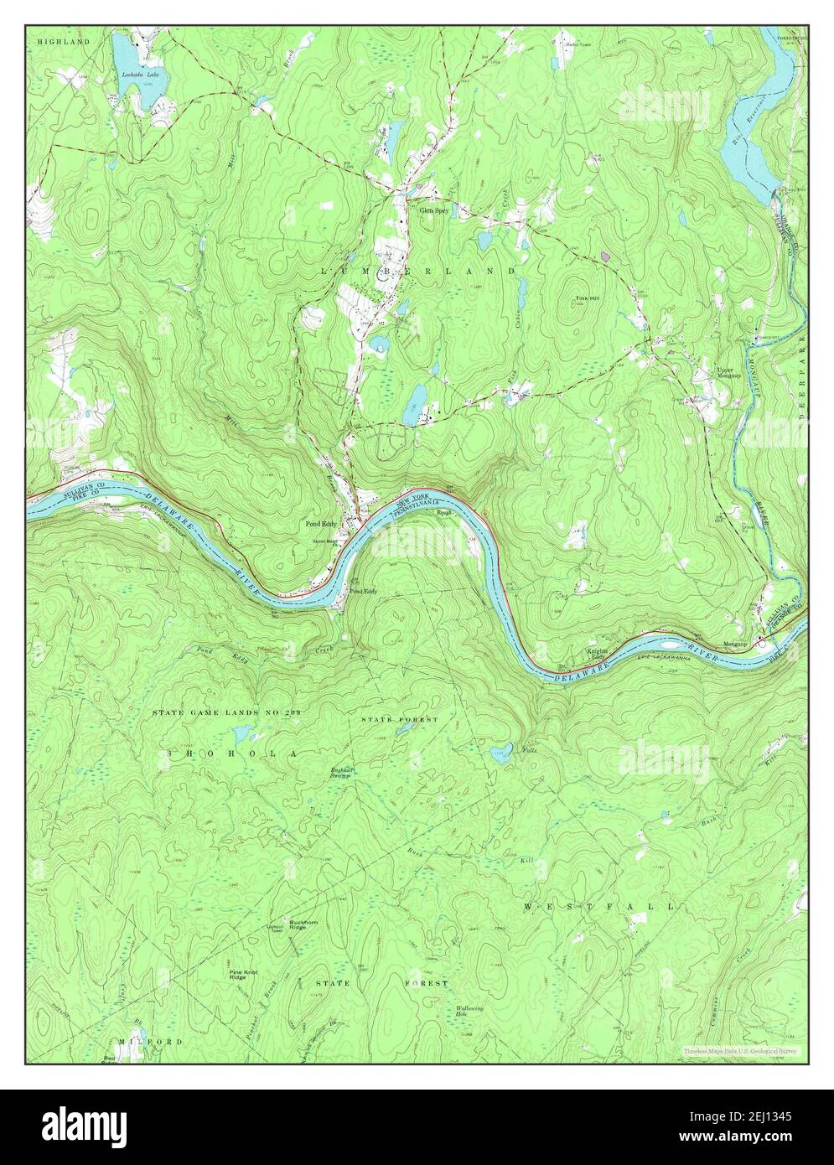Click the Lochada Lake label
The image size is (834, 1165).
140,75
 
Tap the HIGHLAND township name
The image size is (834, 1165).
62,41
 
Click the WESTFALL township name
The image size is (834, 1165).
599,907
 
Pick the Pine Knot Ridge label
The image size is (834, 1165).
244,976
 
